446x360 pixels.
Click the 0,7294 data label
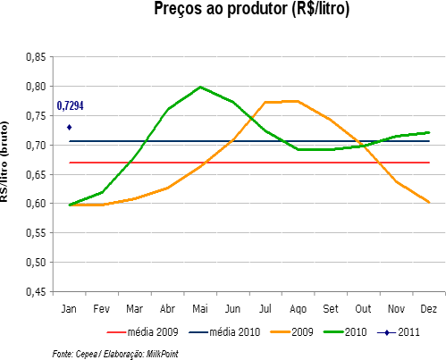[x=72, y=106]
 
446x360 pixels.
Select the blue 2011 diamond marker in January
[x=69, y=127]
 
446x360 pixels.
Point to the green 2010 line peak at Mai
[x=200, y=88]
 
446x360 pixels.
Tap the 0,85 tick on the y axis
[x=35, y=57]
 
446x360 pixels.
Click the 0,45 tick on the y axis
[x=35, y=291]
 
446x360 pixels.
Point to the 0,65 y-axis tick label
[x=35, y=174]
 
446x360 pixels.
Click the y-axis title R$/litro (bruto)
[x=6, y=173]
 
